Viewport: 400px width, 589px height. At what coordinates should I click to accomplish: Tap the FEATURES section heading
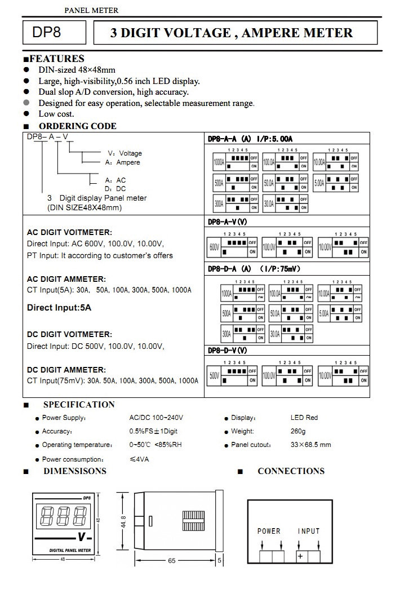point(56,59)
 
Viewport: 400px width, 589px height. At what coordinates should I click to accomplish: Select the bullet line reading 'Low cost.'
point(56,114)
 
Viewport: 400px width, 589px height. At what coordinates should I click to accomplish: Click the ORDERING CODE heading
point(77,126)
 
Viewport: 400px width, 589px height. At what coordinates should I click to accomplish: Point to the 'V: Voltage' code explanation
point(125,153)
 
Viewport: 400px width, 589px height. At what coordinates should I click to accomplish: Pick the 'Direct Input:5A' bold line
point(59,308)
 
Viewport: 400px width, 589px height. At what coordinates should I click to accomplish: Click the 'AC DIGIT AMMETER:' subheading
point(66,279)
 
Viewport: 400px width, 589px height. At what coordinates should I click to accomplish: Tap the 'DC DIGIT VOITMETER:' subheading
point(69,334)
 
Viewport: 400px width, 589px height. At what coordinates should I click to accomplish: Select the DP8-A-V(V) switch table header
point(228,222)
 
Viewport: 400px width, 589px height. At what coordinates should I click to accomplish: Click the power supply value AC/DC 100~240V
point(156,418)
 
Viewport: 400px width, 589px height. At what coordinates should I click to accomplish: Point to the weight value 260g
point(298,431)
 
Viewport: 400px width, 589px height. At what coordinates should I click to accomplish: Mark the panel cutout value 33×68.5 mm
point(310,445)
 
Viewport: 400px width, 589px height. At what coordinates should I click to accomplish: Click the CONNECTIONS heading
point(291,471)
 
